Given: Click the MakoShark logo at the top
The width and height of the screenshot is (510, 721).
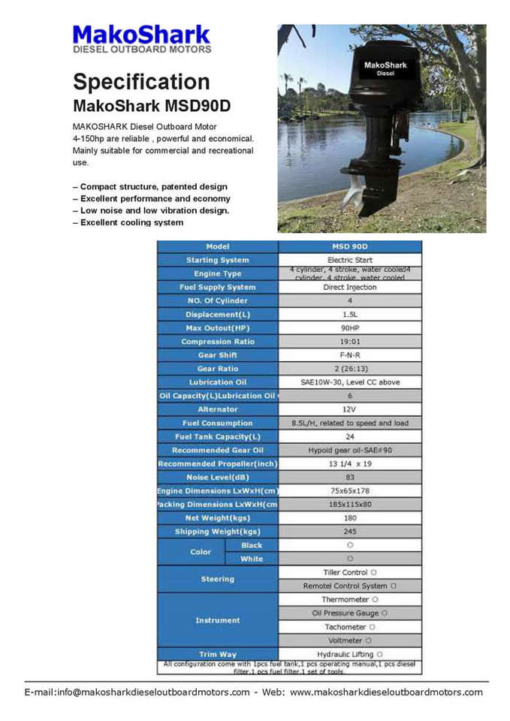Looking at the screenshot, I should click(x=141, y=38).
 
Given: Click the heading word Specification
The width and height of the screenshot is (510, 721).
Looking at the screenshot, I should click(x=141, y=81).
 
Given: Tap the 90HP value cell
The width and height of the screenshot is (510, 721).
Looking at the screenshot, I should click(x=350, y=328).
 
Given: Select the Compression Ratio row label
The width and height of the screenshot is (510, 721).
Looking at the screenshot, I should click(x=218, y=342).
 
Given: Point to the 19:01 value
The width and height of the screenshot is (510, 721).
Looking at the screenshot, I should click(x=350, y=342).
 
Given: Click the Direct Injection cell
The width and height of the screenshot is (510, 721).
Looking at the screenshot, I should click(x=350, y=287).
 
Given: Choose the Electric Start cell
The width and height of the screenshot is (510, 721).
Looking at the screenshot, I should click(x=350, y=260).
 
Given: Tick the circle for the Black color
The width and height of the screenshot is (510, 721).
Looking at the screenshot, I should click(x=350, y=545).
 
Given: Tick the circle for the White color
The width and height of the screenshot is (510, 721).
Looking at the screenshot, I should click(x=350, y=559).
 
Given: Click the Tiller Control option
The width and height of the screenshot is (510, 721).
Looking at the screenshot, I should click(x=350, y=572).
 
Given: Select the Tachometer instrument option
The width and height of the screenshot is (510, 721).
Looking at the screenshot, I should click(x=350, y=627).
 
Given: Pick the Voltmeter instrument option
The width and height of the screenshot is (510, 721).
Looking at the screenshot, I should click(x=350, y=641).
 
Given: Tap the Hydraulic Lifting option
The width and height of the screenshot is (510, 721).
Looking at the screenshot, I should click(x=350, y=654).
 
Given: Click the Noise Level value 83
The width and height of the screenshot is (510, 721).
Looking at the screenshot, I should click(x=350, y=478).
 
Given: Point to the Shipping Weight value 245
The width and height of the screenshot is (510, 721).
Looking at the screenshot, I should click(x=350, y=532).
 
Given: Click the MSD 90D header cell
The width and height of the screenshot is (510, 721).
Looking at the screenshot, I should click(x=350, y=246).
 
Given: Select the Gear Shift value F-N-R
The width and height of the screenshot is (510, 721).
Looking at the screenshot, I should click(x=350, y=355).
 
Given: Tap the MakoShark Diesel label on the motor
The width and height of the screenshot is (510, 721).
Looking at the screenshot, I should click(x=385, y=68).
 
